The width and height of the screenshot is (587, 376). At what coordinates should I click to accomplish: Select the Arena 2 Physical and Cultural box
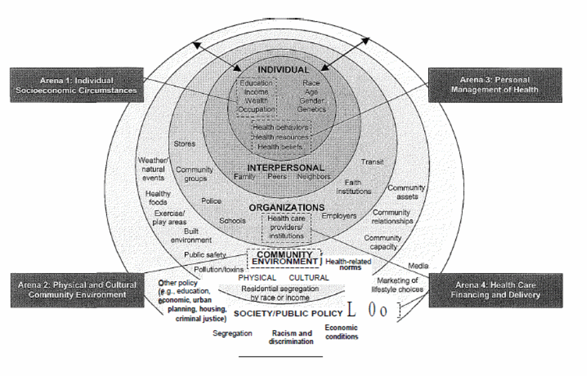[73, 290]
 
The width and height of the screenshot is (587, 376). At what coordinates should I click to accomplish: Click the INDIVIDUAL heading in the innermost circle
[284, 70]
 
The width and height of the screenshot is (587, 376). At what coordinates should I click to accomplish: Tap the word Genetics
[312, 108]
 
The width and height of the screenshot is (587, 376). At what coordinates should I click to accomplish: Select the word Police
[211, 201]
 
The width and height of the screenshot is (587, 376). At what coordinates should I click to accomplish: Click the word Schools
[232, 221]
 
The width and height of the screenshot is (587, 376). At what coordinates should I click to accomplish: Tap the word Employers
[338, 216]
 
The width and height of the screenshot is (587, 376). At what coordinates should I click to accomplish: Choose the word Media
[418, 264]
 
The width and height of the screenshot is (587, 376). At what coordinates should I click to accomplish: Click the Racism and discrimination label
[292, 337]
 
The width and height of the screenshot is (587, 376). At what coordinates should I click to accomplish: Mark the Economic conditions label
[342, 332]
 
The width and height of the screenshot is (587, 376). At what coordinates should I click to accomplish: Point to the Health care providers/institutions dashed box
[286, 227]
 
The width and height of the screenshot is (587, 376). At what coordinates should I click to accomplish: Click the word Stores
[184, 143]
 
